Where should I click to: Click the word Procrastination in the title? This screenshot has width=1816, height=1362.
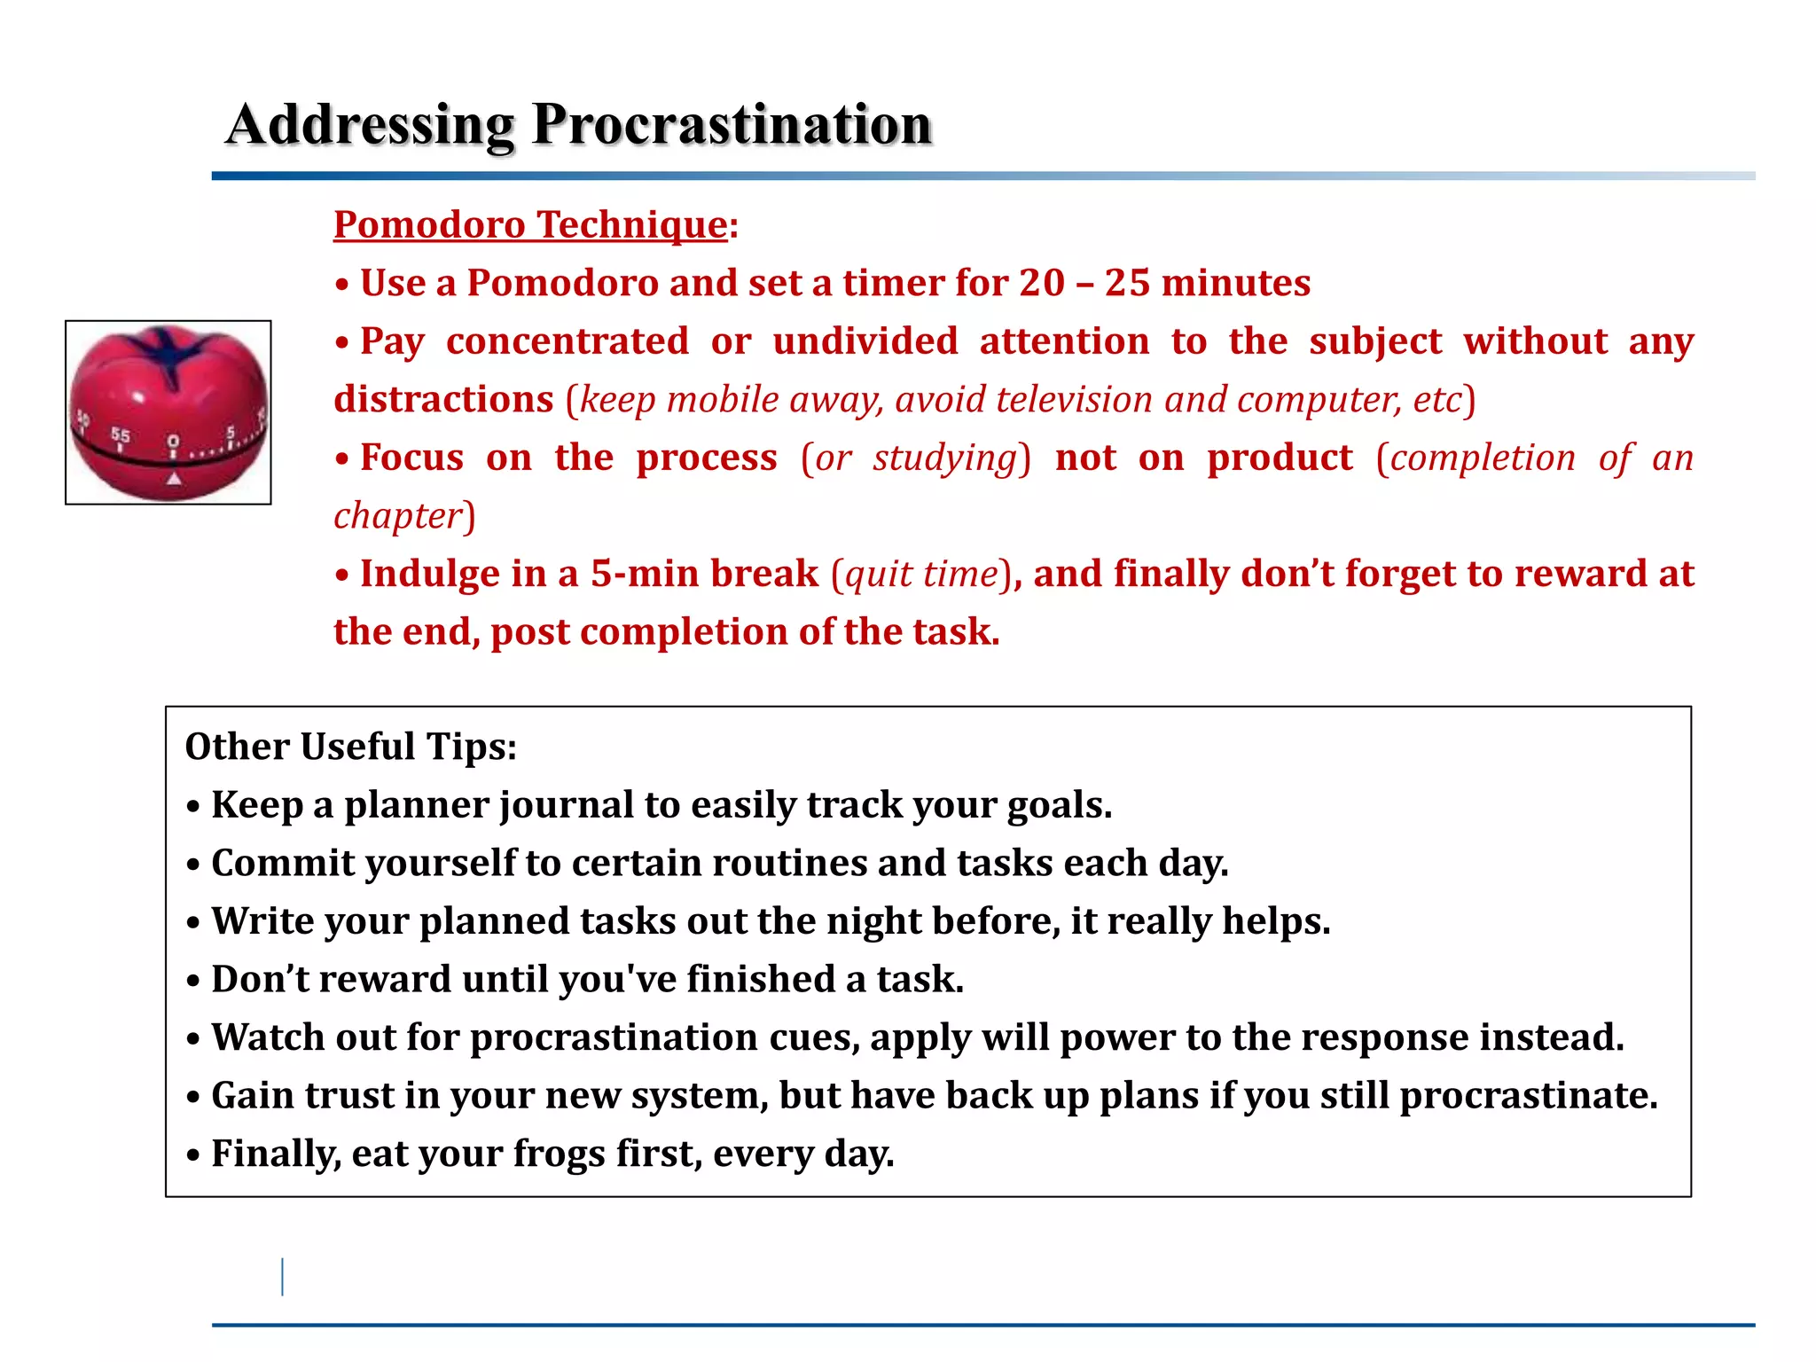pyautogui.click(x=732, y=124)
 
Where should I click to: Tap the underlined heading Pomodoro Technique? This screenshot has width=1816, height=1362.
pyautogui.click(x=530, y=224)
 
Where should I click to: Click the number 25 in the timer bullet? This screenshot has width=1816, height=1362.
pyautogui.click(x=1127, y=283)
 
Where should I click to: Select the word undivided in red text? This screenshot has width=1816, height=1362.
pyautogui.click(x=865, y=341)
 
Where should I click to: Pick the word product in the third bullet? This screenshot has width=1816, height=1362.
pyautogui.click(x=1280, y=458)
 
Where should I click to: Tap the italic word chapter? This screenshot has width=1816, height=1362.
pyautogui.click(x=398, y=516)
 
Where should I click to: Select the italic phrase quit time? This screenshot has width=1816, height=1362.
pyautogui.click(x=921, y=574)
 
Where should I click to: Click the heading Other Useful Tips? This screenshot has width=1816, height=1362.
pyautogui.click(x=350, y=747)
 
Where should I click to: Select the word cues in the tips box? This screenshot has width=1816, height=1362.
pyautogui.click(x=813, y=1037)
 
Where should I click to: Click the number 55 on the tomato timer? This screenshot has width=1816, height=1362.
pyautogui.click(x=121, y=434)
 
